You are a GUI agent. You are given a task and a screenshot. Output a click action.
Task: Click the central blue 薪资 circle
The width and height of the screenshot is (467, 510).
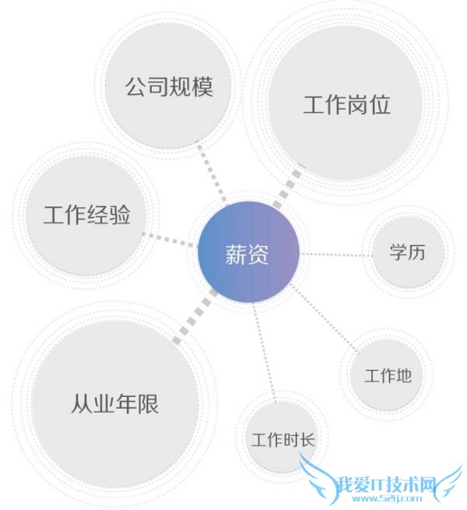point(248,251)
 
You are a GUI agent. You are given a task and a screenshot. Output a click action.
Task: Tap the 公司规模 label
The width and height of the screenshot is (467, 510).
point(169,86)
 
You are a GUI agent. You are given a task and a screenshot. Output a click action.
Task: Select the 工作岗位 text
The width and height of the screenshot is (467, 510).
point(346,105)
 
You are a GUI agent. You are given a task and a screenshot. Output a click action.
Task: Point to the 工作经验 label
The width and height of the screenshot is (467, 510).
point(87,214)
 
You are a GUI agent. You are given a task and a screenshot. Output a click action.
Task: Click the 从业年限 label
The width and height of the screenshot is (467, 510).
point(114,403)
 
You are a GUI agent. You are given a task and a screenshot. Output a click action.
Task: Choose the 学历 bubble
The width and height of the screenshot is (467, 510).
point(408,251)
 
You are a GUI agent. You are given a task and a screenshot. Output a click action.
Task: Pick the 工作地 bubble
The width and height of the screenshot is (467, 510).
point(387,375)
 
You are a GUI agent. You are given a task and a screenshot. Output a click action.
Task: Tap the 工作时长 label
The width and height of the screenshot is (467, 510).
point(283,440)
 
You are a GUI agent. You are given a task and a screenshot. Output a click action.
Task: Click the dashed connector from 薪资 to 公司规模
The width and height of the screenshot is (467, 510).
point(212,174)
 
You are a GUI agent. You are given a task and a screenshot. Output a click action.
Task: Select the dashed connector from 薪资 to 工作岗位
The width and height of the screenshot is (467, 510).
point(286,189)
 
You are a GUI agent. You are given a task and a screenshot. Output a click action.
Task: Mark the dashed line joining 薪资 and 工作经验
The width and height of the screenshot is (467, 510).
point(170,240)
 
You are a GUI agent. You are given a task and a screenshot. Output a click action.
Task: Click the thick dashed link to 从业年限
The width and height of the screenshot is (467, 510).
point(195,316)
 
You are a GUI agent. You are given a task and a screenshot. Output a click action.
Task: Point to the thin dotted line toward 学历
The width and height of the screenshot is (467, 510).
point(335,255)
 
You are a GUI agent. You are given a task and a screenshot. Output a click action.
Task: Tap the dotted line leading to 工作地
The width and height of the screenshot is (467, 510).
point(323,318)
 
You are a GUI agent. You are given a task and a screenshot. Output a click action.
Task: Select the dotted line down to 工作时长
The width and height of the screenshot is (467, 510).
point(265,351)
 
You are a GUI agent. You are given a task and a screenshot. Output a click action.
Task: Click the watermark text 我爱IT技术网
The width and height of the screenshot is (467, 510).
point(386,485)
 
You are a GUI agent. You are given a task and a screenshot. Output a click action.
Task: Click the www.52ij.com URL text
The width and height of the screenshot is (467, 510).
point(387,498)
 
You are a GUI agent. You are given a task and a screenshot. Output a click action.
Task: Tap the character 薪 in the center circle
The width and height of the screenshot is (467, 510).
point(236,254)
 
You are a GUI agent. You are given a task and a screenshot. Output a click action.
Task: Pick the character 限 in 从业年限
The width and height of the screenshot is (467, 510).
point(149,403)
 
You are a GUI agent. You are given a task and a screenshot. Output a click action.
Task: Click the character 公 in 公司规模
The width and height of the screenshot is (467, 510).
point(136,86)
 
